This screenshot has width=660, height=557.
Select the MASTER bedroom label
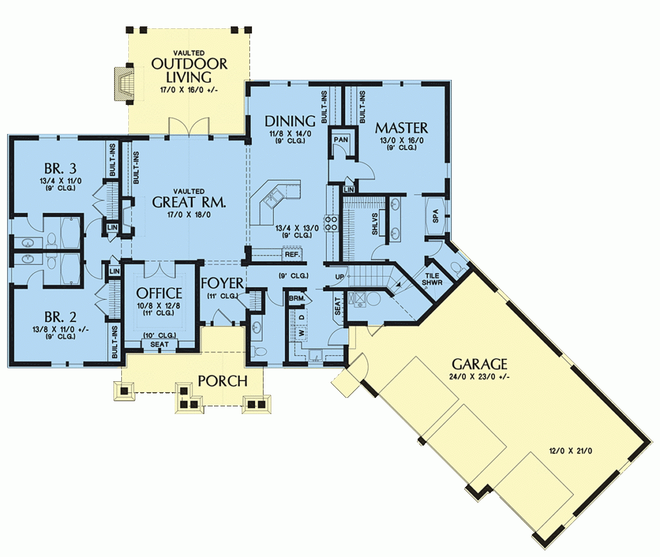[402, 127]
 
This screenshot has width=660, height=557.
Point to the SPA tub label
[436, 217]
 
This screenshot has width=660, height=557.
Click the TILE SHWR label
[432, 278]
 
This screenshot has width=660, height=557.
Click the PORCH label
[223, 381]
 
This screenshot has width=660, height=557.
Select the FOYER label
[222, 283]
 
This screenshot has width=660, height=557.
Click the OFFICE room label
[159, 294]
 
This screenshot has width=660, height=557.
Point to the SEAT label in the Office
[159, 345]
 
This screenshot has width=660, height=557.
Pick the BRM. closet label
[296, 299]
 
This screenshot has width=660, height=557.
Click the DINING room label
[290, 121]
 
